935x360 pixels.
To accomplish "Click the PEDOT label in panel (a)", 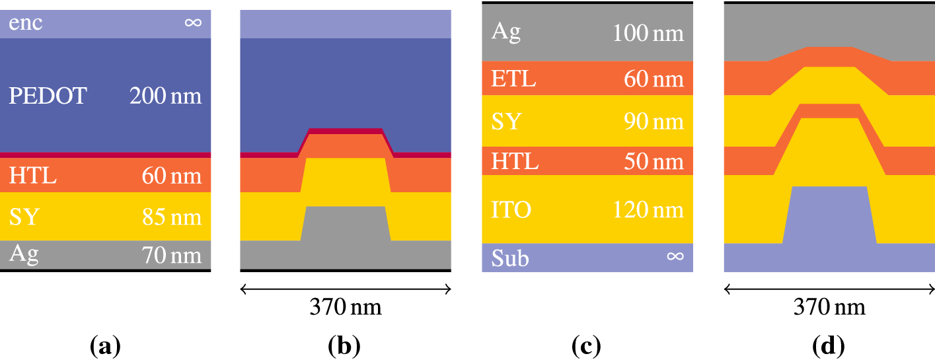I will click(48, 96).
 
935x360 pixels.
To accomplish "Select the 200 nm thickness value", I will click(165, 96).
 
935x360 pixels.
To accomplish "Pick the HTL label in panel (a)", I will click(33, 176).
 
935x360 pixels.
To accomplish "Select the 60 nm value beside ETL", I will click(654, 79).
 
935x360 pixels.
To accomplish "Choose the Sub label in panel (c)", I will click(511, 258).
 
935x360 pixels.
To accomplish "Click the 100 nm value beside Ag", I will click(648, 32).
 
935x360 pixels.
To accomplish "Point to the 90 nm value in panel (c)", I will click(654, 122).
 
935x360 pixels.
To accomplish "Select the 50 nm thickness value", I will click(654, 161).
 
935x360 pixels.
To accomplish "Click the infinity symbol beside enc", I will click(193, 23).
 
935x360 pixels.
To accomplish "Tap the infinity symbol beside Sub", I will click(675, 256).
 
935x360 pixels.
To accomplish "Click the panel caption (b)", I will click(344, 345).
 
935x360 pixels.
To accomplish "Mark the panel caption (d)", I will click(829, 345).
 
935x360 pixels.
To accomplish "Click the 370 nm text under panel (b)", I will click(346, 308).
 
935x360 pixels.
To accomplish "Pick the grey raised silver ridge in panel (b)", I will click(345, 225).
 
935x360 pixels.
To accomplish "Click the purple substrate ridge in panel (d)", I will click(829, 215).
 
